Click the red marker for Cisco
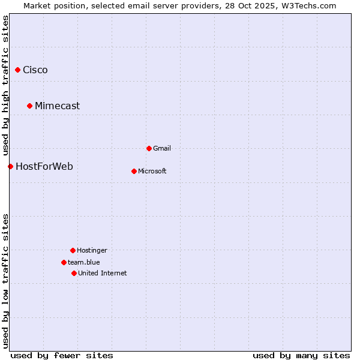[17, 70]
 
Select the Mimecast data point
[29, 106]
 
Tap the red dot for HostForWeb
[10, 166]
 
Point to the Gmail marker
[149, 148]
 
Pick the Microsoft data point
[134, 171]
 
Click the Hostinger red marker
[73, 250]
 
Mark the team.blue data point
[64, 262]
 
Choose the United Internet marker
[74, 273]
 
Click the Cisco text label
[35, 70]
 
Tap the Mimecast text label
[57, 106]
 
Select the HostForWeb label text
[44, 166]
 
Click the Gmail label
[162, 148]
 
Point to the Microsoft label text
[152, 171]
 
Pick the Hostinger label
[92, 250]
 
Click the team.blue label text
[84, 262]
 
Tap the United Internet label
[103, 273]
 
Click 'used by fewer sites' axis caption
[62, 355]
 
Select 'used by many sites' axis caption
[301, 355]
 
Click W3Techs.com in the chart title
[308, 5]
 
